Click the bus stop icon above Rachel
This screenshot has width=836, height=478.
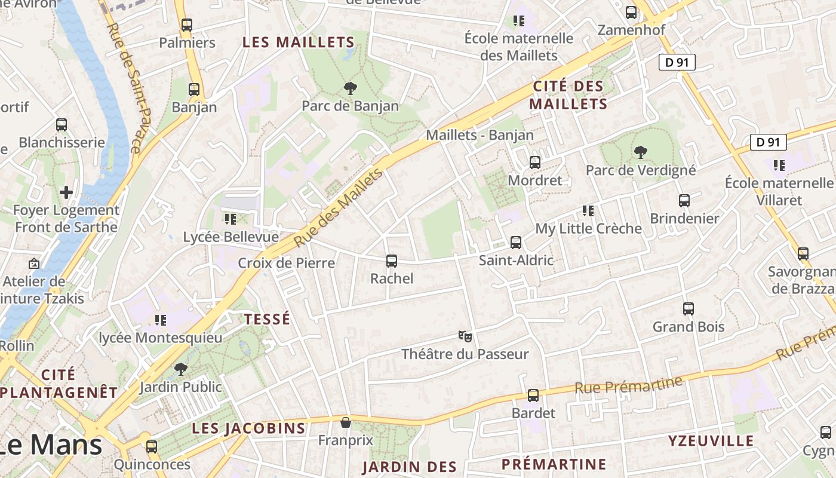click(392, 261)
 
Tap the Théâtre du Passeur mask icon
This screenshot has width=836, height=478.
click(465, 336)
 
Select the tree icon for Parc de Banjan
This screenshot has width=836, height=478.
click(351, 88)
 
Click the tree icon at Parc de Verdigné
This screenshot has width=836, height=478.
click(641, 152)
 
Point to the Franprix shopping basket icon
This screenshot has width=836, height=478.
click(345, 423)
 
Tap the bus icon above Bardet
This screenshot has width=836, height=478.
click(533, 396)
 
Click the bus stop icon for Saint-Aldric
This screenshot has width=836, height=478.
click(516, 243)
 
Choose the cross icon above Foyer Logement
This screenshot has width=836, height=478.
click(66, 192)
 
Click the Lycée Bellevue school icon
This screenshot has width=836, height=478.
click(230, 219)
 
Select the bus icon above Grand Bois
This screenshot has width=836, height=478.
click(689, 309)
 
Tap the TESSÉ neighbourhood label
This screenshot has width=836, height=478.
click(267, 319)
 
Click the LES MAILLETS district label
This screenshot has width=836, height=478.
click(298, 42)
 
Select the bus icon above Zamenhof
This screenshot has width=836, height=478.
click(631, 12)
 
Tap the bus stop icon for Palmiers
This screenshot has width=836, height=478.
click(187, 25)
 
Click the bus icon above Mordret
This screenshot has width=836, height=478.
click(535, 163)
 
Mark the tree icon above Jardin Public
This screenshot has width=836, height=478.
click(180, 369)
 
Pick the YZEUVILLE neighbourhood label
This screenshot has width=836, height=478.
click(711, 441)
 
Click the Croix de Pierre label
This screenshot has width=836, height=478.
click(287, 263)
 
